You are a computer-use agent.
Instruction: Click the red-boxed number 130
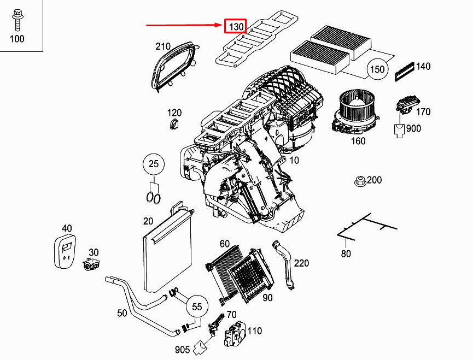point(235,26)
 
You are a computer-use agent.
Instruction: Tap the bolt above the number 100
point(17,20)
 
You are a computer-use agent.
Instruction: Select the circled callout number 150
point(377,69)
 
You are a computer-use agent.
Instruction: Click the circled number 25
point(154,164)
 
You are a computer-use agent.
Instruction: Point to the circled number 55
point(197,307)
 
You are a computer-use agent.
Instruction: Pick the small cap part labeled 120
point(174,124)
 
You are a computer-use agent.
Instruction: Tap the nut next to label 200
point(360,181)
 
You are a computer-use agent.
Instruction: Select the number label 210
point(163,46)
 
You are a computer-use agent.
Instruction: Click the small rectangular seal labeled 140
point(404,72)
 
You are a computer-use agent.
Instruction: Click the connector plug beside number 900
point(399,131)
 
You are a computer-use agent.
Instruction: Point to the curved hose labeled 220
point(284,264)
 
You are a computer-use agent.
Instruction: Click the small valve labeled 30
point(91,264)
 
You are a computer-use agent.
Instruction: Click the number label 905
point(182,350)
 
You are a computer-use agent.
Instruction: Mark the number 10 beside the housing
point(294,160)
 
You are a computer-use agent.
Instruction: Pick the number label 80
point(346,253)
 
